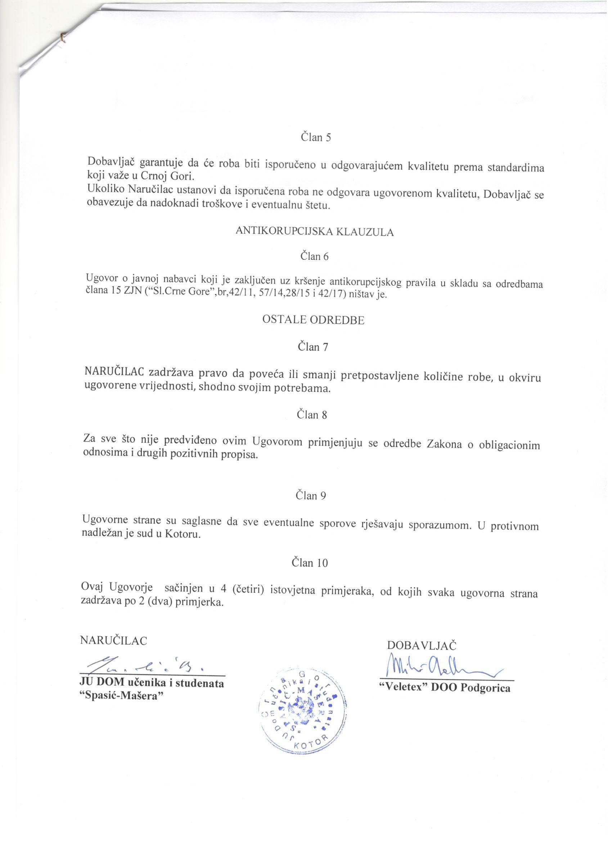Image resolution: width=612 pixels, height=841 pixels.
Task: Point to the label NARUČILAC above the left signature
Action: pos(113,641)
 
